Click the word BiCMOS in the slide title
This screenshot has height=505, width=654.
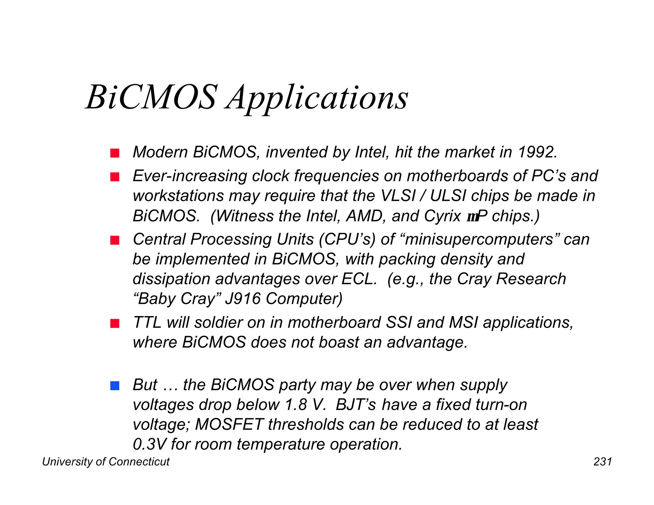point(152,97)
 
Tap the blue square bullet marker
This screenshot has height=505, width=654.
point(115,386)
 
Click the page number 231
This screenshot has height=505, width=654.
point(603,462)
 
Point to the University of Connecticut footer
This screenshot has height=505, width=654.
point(106,462)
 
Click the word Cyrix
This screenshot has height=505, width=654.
point(442,216)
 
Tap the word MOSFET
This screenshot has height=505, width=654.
point(229,425)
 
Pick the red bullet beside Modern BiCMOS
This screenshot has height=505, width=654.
point(115,153)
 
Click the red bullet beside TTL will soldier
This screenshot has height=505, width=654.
point(115,323)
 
